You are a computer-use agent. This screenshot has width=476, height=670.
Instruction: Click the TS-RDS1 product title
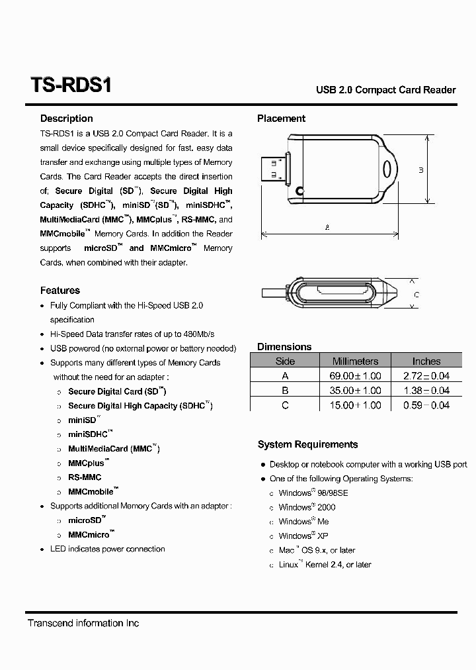[x=71, y=86]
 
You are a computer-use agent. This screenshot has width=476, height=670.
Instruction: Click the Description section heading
[x=66, y=119]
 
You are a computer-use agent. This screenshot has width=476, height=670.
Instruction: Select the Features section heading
[x=59, y=290]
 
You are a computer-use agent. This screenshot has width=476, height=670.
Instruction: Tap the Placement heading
[x=281, y=119]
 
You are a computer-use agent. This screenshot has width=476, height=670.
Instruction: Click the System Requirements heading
[x=307, y=444]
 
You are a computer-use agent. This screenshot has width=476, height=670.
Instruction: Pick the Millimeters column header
[x=355, y=361]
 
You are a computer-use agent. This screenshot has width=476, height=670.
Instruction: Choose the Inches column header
[x=426, y=361]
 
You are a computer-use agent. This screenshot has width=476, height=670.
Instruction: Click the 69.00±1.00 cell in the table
[x=355, y=375]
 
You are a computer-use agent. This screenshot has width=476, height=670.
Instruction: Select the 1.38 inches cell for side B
[x=426, y=390]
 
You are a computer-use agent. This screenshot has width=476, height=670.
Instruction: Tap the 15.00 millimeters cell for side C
[x=355, y=405]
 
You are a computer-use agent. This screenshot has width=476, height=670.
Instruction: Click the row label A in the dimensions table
[x=285, y=375]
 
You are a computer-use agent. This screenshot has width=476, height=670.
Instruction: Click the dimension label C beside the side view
[x=416, y=295]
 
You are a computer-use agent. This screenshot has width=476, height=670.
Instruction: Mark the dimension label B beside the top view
[x=421, y=170]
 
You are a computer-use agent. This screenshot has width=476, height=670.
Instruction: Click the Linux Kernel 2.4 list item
[x=325, y=565]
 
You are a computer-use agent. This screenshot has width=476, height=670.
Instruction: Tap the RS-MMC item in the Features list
[x=85, y=477]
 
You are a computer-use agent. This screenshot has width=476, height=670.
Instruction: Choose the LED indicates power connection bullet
[x=107, y=549]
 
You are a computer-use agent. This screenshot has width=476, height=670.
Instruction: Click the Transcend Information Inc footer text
[x=83, y=623]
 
